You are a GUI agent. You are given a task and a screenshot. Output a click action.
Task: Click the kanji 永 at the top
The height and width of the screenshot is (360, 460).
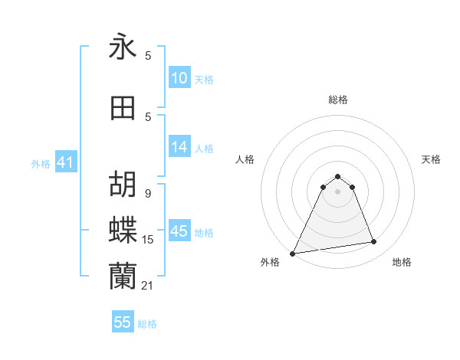click(123, 47)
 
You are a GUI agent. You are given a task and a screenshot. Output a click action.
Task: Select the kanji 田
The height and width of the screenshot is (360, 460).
click(123, 108)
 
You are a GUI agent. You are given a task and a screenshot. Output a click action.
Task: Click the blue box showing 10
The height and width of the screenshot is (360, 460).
click(179, 79)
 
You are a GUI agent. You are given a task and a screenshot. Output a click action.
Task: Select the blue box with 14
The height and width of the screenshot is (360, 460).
click(179, 148)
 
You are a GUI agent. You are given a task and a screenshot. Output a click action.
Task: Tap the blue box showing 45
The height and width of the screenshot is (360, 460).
click(179, 231)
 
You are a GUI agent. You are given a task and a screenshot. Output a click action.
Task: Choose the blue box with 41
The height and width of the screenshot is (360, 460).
click(65, 163)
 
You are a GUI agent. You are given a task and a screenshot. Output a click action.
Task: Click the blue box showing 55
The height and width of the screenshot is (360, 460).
click(123, 322)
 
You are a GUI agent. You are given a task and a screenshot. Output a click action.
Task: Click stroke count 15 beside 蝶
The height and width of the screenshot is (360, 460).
click(148, 240)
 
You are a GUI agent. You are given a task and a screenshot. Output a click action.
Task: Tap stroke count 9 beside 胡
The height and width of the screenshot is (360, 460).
click(148, 193)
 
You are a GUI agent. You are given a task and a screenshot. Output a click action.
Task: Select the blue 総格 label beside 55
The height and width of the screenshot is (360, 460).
click(147, 324)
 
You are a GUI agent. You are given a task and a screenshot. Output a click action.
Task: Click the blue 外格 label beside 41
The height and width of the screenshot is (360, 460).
click(41, 164)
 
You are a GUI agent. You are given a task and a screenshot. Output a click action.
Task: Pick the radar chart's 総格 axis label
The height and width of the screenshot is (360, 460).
click(338, 100)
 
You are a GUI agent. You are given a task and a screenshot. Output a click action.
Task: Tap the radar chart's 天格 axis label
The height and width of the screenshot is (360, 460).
click(432, 159)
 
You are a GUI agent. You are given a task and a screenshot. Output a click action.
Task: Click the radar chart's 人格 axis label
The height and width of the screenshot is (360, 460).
click(245, 159)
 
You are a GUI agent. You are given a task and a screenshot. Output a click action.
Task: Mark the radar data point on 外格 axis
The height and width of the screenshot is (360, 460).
click(293, 253)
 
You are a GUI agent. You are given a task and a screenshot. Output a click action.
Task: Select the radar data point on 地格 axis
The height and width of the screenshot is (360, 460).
click(374, 243)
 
